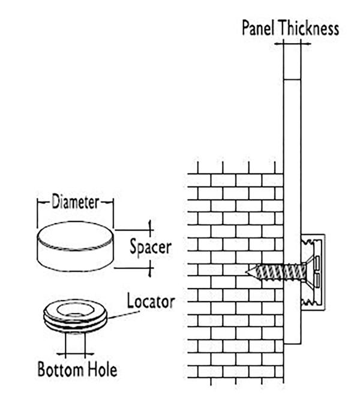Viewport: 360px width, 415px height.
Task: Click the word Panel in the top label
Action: click(258, 28)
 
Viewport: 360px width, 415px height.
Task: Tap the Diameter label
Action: click(76, 202)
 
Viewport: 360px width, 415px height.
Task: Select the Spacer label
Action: click(151, 247)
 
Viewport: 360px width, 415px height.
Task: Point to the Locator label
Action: click(151, 301)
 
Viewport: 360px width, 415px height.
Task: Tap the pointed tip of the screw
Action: click(246, 272)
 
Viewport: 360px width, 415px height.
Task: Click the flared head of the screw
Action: click(309, 272)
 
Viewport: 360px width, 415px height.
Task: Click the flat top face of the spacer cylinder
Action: click(76, 235)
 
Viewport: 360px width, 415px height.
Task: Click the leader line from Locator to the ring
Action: click(124, 315)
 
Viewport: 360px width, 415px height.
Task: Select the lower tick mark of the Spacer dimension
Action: click(150, 269)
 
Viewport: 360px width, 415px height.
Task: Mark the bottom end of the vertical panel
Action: click(292, 344)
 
